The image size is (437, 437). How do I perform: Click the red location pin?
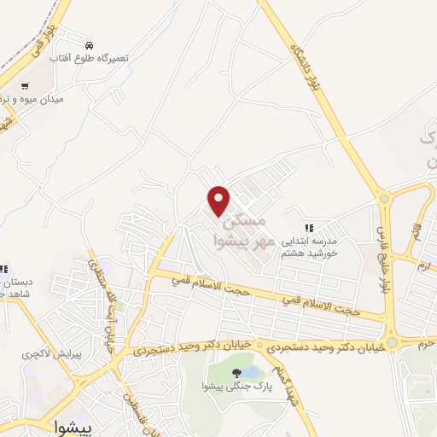[x=219, y=200]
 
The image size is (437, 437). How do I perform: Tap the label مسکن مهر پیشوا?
[x=244, y=229]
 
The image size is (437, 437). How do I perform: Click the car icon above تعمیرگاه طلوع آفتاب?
[x=89, y=43]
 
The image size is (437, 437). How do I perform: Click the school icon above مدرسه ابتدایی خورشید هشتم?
[x=311, y=228]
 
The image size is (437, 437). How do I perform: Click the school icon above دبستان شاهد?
[x=3, y=268]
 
